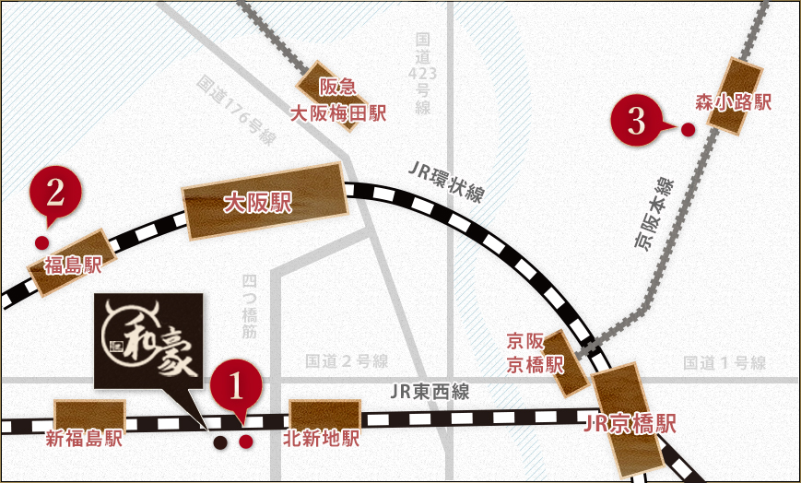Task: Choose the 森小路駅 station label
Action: pyautogui.click(x=733, y=102)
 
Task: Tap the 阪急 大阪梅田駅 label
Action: pyautogui.click(x=338, y=100)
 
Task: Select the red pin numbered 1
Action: pyautogui.click(x=237, y=388)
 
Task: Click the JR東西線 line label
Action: pyautogui.click(x=430, y=392)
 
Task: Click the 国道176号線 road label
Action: pyautogui.click(x=236, y=110)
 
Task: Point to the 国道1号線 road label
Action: pyautogui.click(x=724, y=363)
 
